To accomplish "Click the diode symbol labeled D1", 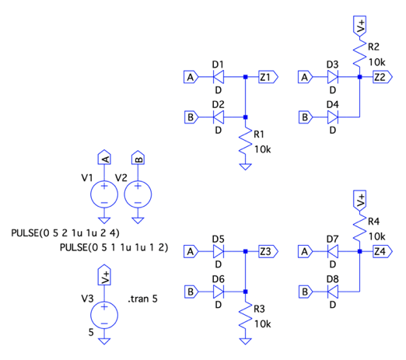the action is point(219,77).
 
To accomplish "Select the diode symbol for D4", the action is point(333,117).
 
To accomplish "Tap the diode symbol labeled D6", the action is point(219,292).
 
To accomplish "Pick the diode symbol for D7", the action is point(333,251).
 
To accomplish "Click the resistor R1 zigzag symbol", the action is point(245,142).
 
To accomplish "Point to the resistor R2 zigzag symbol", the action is point(359,52).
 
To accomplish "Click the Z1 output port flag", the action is point(268,77).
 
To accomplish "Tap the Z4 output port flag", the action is point(383,251).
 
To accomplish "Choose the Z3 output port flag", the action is point(268,251).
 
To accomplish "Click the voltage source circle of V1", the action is point(104,194).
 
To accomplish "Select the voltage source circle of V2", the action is point(138,194).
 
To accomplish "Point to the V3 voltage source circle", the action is point(104,315).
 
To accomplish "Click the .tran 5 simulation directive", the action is point(142,299).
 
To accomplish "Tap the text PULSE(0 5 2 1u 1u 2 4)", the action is point(65,233).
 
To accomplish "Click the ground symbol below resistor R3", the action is point(245,341).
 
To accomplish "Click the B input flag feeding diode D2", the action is point(191,117).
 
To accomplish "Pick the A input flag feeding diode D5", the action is point(191,251).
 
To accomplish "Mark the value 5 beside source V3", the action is point(91,332).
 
